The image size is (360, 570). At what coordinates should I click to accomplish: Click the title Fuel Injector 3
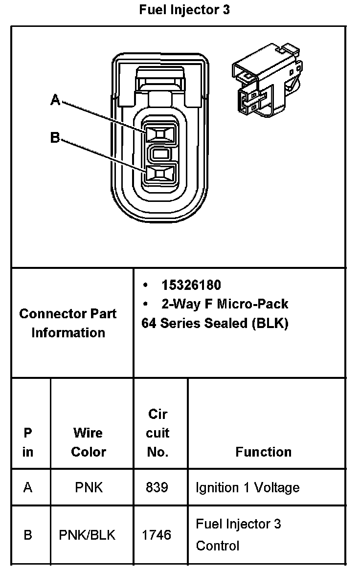pos(184,10)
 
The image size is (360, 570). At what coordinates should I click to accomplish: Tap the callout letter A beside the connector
pos(56,101)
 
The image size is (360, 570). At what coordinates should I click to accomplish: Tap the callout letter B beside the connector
pos(55,138)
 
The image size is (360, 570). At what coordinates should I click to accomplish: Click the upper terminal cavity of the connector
pos(159,134)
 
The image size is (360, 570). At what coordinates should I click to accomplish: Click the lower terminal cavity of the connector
pos(159,174)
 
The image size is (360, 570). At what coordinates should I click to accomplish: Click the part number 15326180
pos(191,285)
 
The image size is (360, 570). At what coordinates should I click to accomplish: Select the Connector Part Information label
pos(68,323)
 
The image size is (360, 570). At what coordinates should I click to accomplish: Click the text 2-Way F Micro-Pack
pos(225,304)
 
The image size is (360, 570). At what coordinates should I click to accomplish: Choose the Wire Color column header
pos(89,442)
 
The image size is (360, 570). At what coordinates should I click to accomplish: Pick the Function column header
pos(263,452)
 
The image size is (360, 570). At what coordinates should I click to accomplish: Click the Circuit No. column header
pos(158,433)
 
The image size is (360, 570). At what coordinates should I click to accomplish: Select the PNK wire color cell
pos(89,488)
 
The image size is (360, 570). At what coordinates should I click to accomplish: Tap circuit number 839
pos(157,488)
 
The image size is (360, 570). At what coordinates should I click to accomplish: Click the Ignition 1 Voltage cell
pos(247,488)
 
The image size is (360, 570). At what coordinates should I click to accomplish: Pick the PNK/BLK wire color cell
pos(88,535)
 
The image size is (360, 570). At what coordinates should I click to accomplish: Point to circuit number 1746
pos(157,535)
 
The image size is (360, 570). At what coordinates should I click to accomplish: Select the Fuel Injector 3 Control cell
pos(239,535)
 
